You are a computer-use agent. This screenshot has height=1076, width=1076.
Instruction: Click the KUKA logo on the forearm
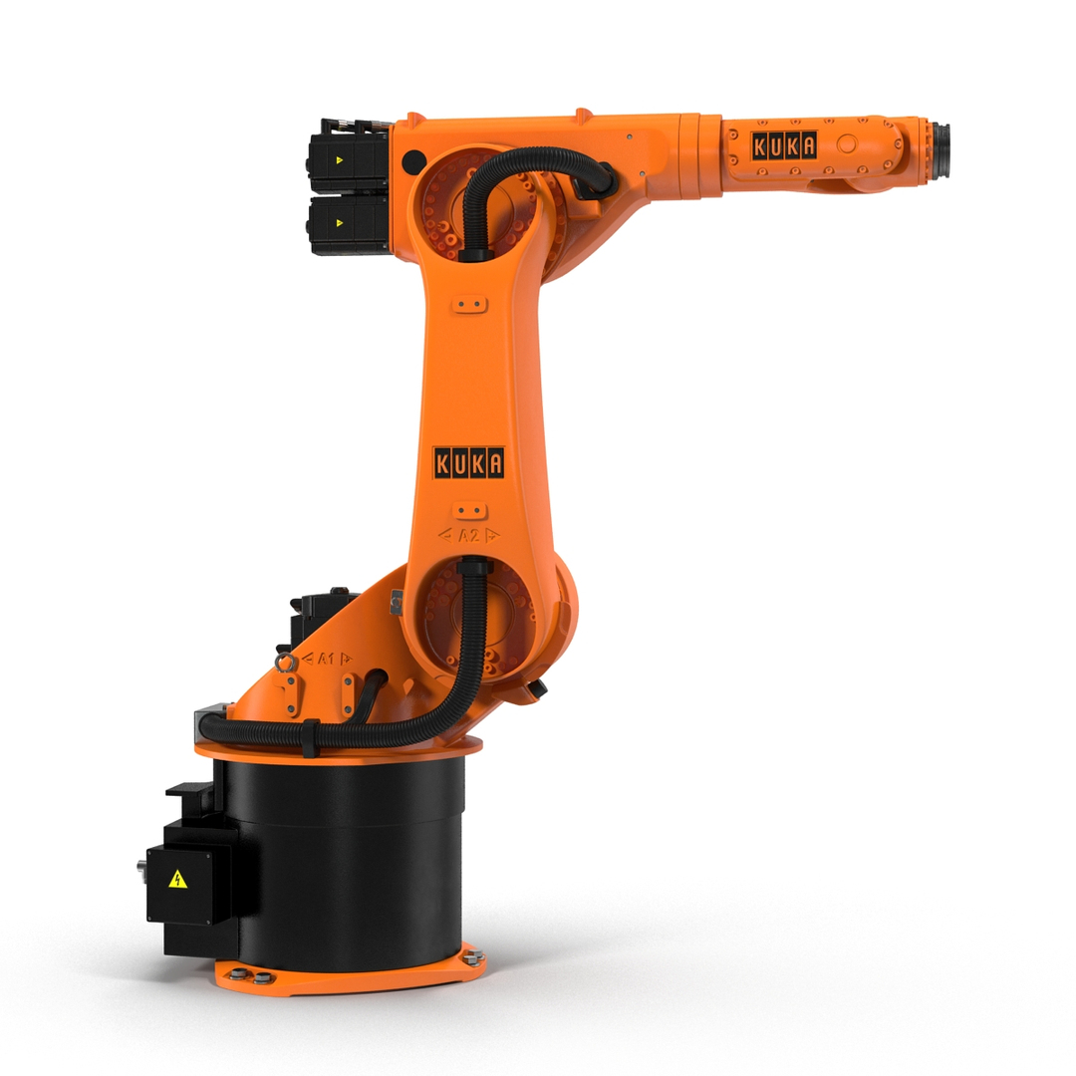coord(784,145)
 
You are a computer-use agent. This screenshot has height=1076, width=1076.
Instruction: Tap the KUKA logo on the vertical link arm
coord(468,462)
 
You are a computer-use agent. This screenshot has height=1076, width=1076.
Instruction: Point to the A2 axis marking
coord(469,535)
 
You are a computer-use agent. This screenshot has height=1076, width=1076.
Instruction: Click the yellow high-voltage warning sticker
coord(177,879)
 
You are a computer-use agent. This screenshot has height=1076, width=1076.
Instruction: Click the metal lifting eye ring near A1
coord(286,662)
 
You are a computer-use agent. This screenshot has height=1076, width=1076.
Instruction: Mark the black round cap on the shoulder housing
coord(415,160)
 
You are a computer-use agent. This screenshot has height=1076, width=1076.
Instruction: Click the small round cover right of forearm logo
coord(847,144)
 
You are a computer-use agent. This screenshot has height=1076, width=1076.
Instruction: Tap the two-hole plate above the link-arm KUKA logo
coord(469,304)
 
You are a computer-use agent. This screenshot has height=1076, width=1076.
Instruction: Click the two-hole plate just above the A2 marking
coord(469,510)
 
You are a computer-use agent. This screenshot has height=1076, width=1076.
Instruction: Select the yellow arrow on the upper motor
coord(340,157)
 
